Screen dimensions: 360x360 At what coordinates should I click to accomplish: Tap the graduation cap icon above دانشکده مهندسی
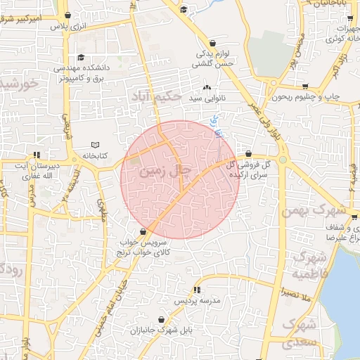click(82, 58)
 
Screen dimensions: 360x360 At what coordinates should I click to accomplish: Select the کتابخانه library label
click(91, 155)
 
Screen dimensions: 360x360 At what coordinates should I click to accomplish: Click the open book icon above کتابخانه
click(96, 145)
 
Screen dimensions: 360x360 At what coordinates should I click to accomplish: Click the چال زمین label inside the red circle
click(165, 170)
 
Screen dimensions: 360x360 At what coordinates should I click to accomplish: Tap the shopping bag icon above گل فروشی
click(248, 153)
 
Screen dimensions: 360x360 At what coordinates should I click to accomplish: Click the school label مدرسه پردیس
click(197, 300)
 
